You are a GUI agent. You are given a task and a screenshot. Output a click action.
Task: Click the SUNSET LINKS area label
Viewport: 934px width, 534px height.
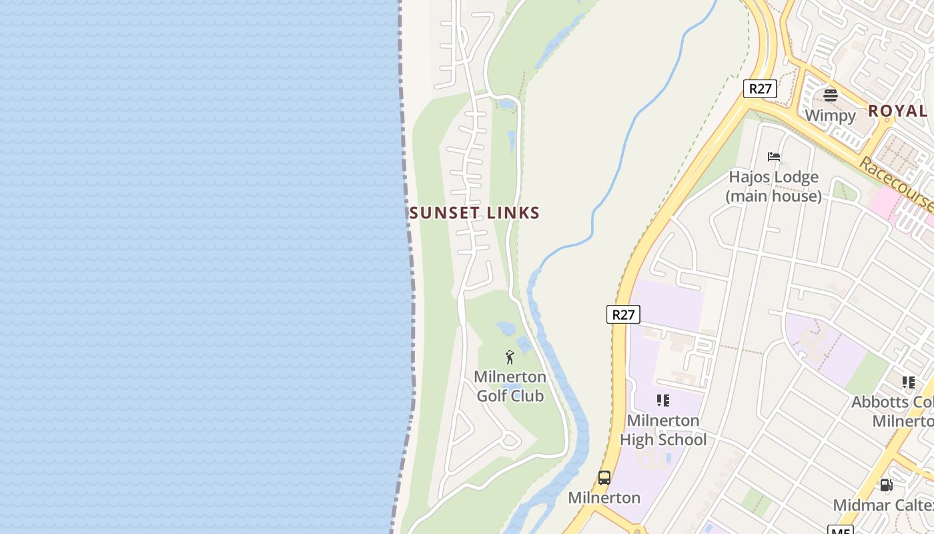(474, 213)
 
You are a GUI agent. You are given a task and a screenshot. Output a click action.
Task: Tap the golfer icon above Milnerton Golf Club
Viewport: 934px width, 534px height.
(510, 357)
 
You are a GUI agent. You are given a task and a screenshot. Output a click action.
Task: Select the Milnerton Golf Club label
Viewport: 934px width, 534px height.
(510, 386)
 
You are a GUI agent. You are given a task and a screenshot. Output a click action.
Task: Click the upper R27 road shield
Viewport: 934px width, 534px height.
(760, 89)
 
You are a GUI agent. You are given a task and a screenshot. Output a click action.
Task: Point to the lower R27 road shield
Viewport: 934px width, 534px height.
(623, 314)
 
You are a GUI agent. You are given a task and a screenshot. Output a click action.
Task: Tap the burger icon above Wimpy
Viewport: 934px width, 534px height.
(830, 95)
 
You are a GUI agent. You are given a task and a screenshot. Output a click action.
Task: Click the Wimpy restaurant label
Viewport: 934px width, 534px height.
(830, 115)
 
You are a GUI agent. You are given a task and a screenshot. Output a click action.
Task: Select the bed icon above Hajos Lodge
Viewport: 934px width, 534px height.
(774, 157)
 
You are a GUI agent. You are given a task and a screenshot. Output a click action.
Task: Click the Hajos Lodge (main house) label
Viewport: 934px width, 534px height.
(774, 186)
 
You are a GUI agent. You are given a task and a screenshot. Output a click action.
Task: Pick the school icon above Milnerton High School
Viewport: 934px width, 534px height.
(662, 400)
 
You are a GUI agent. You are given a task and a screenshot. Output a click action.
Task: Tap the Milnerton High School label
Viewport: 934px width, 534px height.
(662, 430)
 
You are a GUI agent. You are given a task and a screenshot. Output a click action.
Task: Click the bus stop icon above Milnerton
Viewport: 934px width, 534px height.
(604, 478)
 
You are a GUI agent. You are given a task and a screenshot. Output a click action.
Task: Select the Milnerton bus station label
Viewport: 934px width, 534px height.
(604, 498)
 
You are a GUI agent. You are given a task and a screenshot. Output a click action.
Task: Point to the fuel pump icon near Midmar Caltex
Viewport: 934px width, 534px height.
(886, 485)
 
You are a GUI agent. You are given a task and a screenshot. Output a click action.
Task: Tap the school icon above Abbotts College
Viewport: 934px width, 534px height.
(909, 382)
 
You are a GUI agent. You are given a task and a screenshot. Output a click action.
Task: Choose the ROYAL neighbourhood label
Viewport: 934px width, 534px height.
(897, 111)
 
